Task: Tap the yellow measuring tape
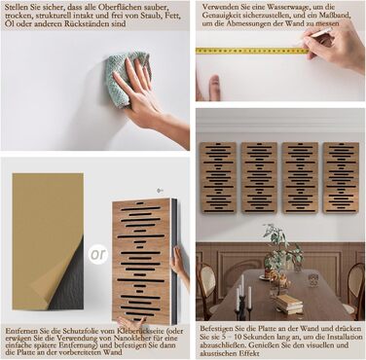tap(252, 51)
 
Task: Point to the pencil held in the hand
tap(313, 35)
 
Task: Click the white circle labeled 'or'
tap(98, 254)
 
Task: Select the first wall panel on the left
tap(218, 178)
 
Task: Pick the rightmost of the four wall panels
tap(341, 177)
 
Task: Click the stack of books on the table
tap(289, 304)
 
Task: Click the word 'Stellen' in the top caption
tap(16, 7)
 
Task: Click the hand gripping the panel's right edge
tap(178, 263)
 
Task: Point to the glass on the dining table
tap(313, 280)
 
